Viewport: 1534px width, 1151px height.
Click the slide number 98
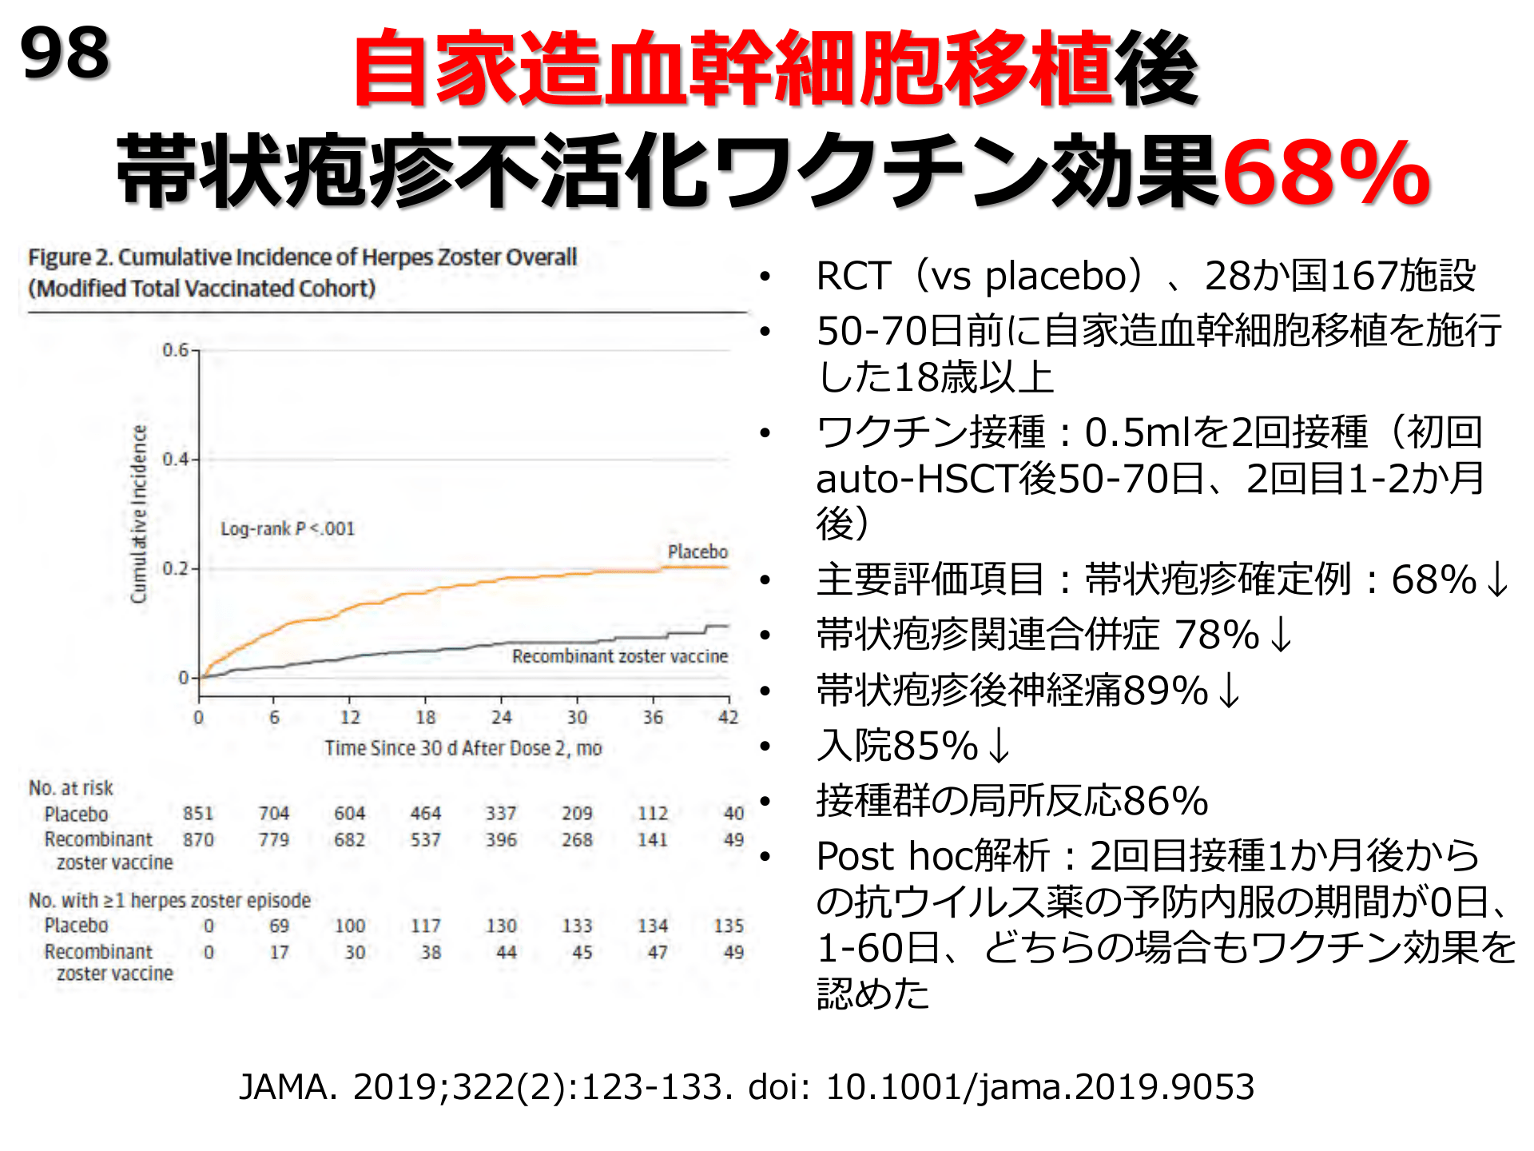[65, 54]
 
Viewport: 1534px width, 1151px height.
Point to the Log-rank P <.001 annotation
[287, 529]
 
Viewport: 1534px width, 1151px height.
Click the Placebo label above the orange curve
[697, 552]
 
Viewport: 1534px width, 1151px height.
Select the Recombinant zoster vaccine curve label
[619, 656]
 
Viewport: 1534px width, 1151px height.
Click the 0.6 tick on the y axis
[175, 350]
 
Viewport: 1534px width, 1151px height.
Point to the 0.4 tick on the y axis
[175, 460]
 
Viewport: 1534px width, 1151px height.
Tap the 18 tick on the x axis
[425, 718]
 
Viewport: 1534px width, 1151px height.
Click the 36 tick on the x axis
[653, 718]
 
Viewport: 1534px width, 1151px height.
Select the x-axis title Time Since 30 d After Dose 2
[463, 748]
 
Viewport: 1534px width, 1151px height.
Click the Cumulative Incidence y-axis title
[140, 514]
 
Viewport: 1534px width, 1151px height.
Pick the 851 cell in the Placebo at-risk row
[198, 814]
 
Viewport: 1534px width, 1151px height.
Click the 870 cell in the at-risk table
[198, 840]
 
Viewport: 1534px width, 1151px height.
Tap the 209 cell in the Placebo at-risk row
[577, 814]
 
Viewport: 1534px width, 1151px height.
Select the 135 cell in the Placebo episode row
[729, 926]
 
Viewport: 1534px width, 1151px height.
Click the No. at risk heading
[71, 788]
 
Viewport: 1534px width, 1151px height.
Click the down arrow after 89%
[1230, 691]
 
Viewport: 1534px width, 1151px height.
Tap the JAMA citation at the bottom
[746, 1087]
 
